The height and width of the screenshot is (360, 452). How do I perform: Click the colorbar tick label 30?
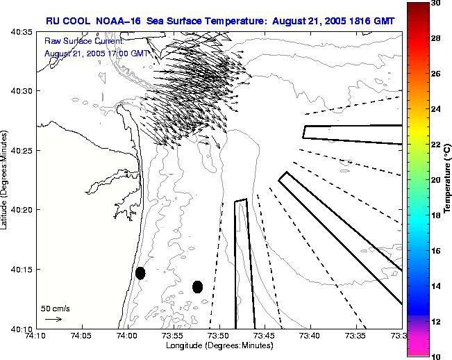[435, 3]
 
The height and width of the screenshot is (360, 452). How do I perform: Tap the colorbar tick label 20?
[435, 179]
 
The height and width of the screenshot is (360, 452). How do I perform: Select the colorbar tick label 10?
[435, 355]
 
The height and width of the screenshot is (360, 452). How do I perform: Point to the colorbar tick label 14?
[435, 286]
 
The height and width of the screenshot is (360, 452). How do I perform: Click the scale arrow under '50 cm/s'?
[53, 319]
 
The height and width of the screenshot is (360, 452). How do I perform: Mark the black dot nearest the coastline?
[140, 273]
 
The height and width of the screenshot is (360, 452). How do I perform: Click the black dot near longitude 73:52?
[197, 286]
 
